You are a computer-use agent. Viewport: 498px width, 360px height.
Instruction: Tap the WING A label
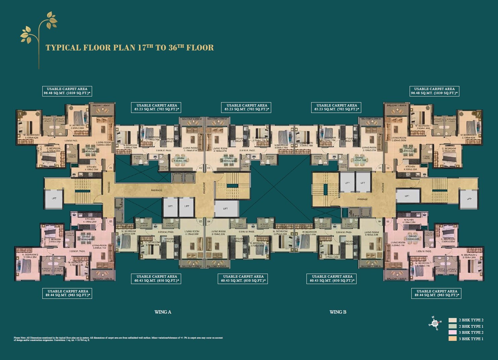click(163, 312)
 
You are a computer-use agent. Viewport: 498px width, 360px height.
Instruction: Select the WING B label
click(338, 312)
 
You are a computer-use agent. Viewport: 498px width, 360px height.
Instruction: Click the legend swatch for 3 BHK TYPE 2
click(452, 332)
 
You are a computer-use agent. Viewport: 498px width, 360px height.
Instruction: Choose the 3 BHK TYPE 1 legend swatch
click(452, 339)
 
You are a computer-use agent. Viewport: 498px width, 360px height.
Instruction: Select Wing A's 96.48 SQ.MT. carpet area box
click(67, 91)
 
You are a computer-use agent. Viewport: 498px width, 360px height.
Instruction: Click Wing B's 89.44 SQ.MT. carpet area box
click(437, 293)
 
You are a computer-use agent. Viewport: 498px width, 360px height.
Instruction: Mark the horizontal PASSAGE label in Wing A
click(157, 190)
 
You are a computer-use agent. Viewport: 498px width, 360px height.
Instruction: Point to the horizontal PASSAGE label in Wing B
click(362, 199)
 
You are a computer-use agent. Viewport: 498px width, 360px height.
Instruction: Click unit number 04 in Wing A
click(209, 222)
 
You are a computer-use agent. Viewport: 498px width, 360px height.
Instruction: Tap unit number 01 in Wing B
click(380, 168)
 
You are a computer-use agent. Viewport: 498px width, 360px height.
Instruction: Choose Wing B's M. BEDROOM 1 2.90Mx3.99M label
click(422, 127)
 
